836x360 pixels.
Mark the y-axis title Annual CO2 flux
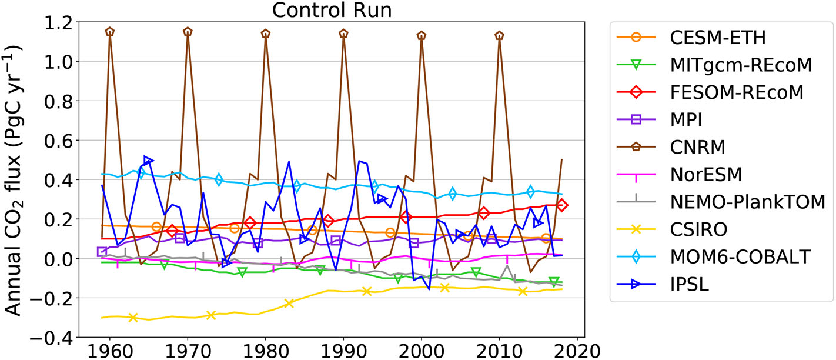[x=18, y=179]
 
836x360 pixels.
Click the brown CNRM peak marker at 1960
[x=109, y=32]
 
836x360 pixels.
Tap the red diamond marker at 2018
[x=562, y=205]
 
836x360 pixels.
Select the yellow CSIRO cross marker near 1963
[x=133, y=317]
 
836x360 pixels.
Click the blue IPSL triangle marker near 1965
[x=148, y=160]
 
